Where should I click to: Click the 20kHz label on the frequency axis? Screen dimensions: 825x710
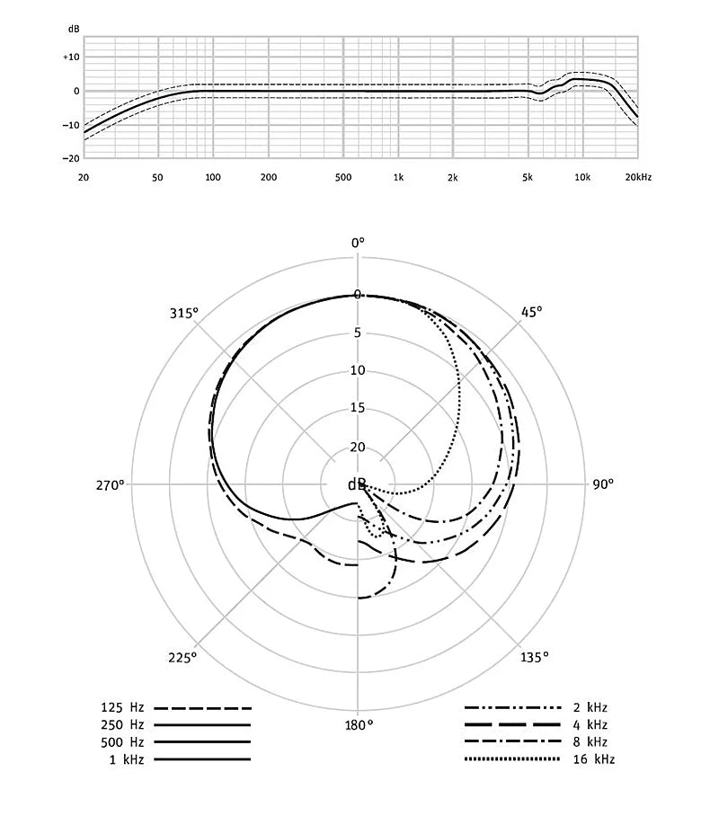(x=637, y=177)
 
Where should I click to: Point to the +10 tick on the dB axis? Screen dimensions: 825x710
(x=71, y=57)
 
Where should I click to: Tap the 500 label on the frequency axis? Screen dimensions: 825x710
(x=342, y=177)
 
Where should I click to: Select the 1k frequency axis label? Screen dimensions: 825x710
(x=398, y=177)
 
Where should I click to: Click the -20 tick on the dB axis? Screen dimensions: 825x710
(x=71, y=158)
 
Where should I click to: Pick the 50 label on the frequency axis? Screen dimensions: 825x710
(x=157, y=177)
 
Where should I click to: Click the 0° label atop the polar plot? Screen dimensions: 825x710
(x=358, y=242)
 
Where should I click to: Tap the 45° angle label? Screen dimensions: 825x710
(x=531, y=312)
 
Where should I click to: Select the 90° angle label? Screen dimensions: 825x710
(x=602, y=483)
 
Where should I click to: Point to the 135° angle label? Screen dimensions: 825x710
(x=533, y=657)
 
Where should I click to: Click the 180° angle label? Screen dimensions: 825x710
(x=358, y=725)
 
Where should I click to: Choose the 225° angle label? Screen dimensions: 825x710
(x=182, y=657)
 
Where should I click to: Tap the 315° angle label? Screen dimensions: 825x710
(x=183, y=313)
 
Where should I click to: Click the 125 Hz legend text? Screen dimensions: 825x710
(x=123, y=708)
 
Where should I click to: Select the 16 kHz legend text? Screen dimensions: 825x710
(x=594, y=759)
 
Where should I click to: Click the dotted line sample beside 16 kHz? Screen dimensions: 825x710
(x=513, y=759)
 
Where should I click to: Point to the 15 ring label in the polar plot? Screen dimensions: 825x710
(x=358, y=408)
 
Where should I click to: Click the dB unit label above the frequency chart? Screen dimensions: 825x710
(x=74, y=29)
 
